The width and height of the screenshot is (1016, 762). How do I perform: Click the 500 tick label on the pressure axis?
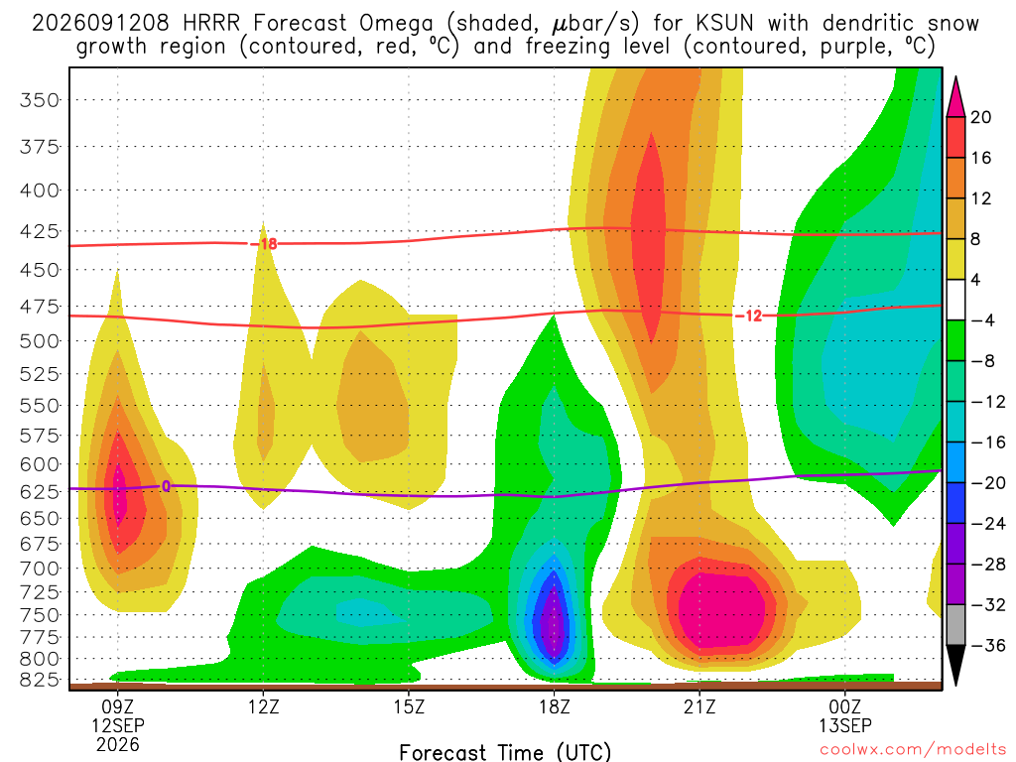click(40, 341)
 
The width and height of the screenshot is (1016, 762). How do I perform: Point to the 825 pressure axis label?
click(40, 681)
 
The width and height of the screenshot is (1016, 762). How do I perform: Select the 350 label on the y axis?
click(40, 100)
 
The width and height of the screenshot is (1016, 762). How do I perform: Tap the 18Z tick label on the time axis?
click(554, 706)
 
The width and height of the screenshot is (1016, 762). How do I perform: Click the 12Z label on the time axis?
click(263, 706)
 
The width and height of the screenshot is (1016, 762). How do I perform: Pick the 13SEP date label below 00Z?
click(845, 725)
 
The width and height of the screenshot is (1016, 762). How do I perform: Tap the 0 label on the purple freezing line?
click(167, 486)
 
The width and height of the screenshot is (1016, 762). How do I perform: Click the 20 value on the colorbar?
click(980, 117)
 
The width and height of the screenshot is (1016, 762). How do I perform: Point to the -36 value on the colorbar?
click(988, 645)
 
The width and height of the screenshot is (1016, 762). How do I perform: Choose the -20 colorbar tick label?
click(988, 483)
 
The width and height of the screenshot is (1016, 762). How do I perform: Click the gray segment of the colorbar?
click(955, 625)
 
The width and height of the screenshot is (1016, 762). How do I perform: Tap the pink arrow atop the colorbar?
click(955, 97)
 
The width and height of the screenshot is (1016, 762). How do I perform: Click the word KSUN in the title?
click(725, 24)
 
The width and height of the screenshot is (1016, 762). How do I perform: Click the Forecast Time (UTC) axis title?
click(505, 752)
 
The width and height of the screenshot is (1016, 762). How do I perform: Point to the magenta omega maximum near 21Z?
click(721, 607)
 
